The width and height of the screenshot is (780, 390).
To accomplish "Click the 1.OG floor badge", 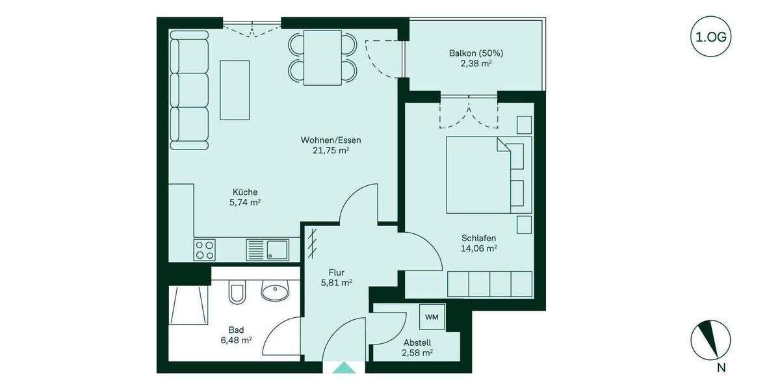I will coord(710,37).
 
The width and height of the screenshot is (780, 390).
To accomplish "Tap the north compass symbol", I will coord(710,340).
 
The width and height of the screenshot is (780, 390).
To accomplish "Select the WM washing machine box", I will coord(431,317).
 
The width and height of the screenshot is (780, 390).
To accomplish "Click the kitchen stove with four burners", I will coord(205,250).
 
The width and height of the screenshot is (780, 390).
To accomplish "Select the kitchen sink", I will coord(267,250).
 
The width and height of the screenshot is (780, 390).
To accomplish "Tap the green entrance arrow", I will coord(344,368).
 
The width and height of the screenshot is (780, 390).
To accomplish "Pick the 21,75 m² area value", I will coord(330,150).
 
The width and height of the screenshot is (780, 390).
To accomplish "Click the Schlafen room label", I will coord(478,238).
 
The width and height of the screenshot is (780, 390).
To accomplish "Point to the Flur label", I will coord(336,272).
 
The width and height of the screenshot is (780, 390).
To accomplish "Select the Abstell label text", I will coord(417,343).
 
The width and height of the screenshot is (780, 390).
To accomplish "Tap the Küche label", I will coord(245,192).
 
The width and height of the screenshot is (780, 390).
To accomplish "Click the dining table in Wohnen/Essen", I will coord(323,57).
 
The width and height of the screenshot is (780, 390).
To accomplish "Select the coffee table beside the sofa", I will coord(235,90).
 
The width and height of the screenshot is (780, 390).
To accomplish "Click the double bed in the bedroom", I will coord(484,174).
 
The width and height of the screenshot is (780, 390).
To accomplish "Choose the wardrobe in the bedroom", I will coord(489,284).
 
